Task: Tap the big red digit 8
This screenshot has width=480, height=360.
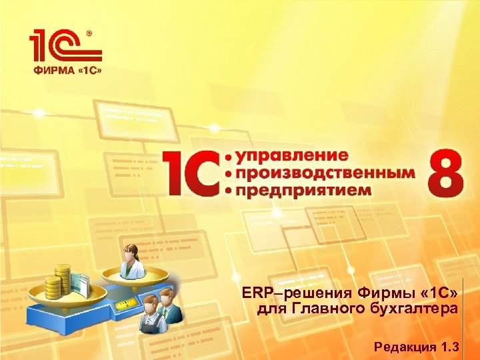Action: tap(447, 172)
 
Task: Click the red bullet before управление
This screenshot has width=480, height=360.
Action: tap(231, 157)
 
